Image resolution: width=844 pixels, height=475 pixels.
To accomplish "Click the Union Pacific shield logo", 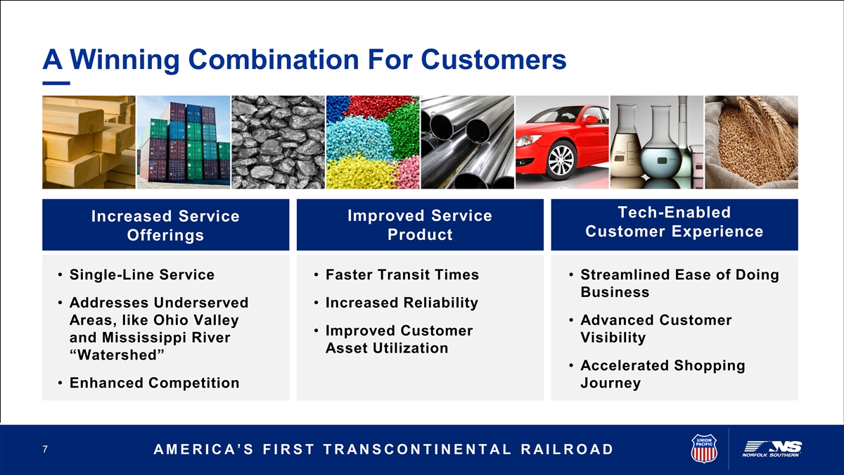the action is (x=704, y=448).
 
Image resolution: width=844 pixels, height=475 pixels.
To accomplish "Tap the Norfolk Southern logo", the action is (x=772, y=449).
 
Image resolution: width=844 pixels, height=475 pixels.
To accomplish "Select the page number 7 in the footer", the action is (x=45, y=449).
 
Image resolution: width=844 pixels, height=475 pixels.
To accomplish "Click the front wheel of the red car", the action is (x=561, y=160).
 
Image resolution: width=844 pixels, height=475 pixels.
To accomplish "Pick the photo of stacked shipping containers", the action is (x=184, y=142).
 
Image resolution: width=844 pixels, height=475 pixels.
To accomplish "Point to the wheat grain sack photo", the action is (x=751, y=142).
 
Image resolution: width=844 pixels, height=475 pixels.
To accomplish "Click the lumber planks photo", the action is (x=89, y=142).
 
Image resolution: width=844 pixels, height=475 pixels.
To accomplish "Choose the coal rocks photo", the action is (x=278, y=142).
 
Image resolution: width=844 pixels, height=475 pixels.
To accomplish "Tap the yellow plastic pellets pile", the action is (x=359, y=172).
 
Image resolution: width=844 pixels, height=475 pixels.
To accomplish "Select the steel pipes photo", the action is (x=468, y=142).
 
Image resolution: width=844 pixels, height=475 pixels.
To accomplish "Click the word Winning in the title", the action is (x=124, y=60).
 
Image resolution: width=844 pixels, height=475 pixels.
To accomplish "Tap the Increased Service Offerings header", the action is (x=165, y=225).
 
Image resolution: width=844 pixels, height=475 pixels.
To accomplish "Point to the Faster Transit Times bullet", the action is (x=402, y=274).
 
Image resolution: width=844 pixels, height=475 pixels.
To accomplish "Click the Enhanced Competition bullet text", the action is (x=155, y=383).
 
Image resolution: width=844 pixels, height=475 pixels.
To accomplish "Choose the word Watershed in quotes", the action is (x=117, y=355).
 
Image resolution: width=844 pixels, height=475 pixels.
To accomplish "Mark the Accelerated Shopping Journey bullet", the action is (x=663, y=374).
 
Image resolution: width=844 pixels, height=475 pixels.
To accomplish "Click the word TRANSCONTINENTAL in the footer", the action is (x=417, y=450).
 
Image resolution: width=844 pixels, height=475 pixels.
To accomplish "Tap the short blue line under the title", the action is (x=56, y=83).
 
